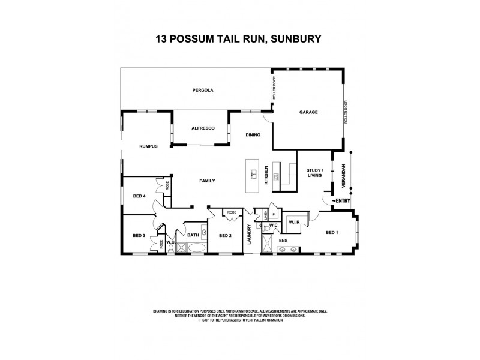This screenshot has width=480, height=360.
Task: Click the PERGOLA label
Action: point(203,90)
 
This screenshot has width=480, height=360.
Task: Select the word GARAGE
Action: point(308,112)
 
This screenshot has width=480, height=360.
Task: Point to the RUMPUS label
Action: point(148,146)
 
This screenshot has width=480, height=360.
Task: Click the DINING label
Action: point(253,135)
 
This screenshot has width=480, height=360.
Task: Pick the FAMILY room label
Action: point(207,181)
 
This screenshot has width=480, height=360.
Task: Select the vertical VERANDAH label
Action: point(344,173)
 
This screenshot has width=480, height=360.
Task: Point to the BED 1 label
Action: point(332,232)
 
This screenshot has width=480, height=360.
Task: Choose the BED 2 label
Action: point(225,235)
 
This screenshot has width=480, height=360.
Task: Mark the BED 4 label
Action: point(139,196)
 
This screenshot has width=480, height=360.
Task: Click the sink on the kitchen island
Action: point(254,175)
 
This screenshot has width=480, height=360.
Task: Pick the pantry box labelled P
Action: point(274,214)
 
